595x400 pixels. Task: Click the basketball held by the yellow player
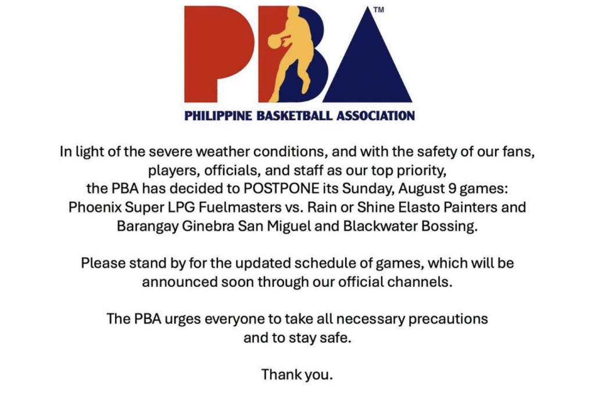pos(275,41)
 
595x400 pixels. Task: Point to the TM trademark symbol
pos(379,10)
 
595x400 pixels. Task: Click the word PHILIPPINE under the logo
pos(218,116)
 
